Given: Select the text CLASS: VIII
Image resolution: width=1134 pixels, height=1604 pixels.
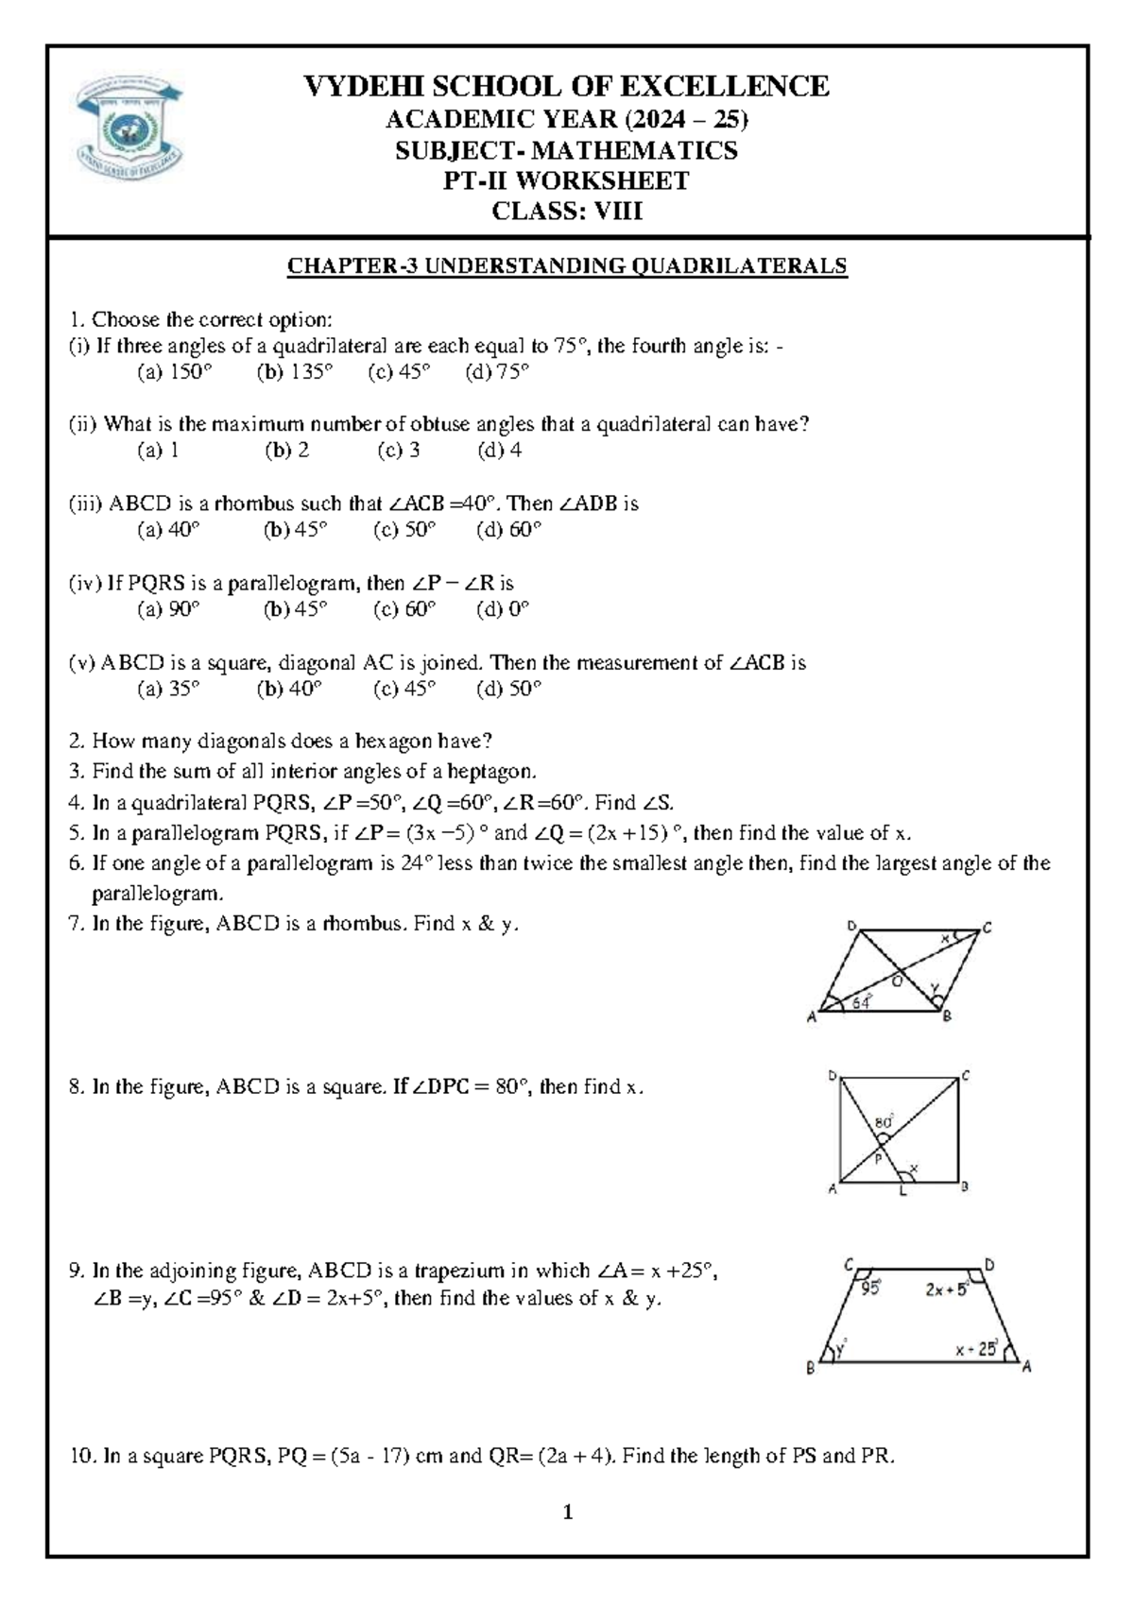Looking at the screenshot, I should click(x=567, y=211).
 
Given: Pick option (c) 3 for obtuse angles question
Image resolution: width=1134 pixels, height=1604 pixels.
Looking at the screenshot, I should click(x=399, y=451).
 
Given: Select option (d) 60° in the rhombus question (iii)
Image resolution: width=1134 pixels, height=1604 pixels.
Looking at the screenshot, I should click(x=509, y=530).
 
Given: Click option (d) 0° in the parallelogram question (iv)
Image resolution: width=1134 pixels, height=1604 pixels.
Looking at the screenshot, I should click(x=503, y=609).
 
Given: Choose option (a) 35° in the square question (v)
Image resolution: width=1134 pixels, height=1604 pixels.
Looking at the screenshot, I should click(x=169, y=689).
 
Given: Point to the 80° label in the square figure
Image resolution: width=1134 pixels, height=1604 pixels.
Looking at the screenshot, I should click(x=885, y=1122).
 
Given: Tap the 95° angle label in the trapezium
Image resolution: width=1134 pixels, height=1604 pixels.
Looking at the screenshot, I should click(x=870, y=1287).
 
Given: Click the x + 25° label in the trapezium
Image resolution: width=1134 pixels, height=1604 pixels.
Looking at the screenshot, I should click(x=976, y=1350).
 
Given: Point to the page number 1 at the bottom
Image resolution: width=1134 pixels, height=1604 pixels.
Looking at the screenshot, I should click(x=568, y=1512).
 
